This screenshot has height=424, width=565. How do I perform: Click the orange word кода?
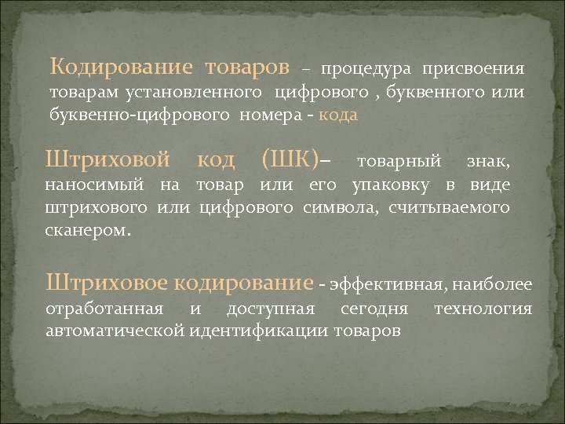[340, 115]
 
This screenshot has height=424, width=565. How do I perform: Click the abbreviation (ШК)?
[290, 161]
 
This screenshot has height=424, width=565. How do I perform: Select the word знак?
[488, 162]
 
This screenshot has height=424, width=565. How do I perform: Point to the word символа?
[341, 208]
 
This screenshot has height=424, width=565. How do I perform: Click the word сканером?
[89, 231]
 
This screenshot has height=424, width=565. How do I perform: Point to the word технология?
[483, 309]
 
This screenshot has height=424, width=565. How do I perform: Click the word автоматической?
[115, 331]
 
